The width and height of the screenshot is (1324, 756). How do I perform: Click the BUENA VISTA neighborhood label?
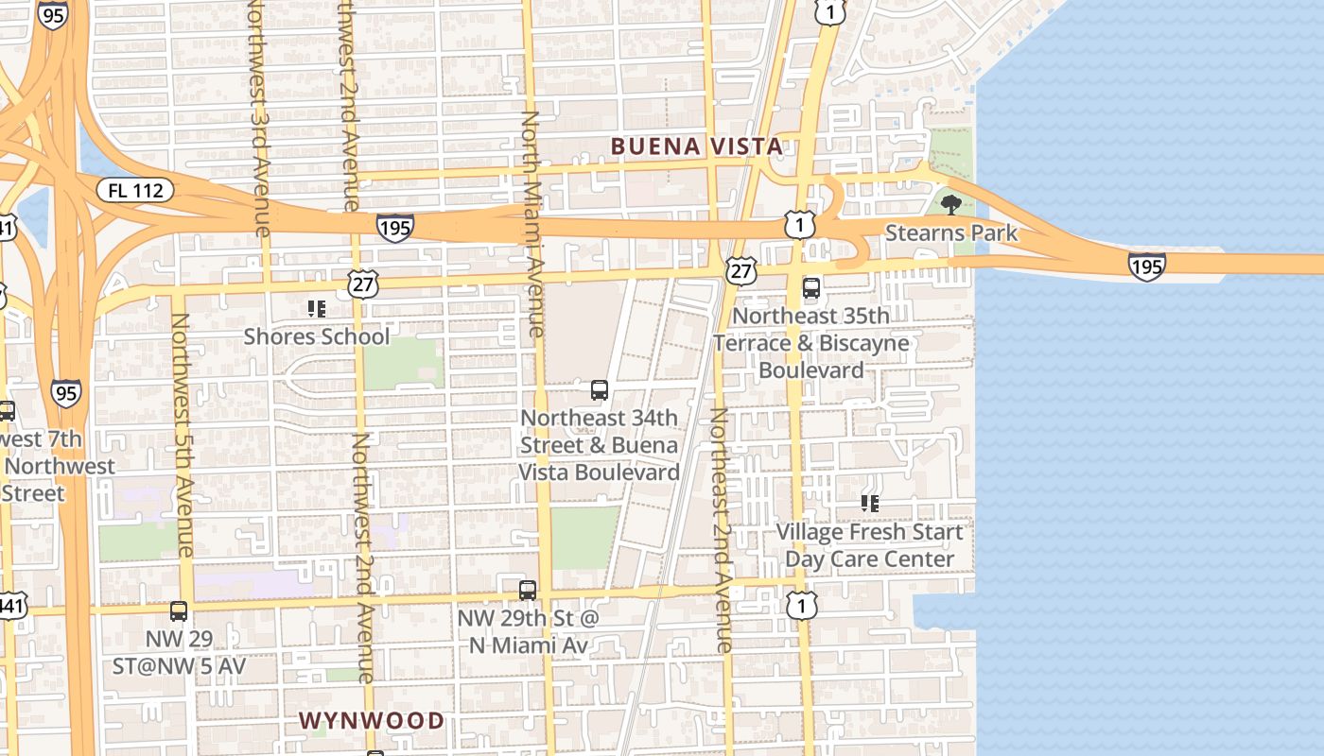(697, 146)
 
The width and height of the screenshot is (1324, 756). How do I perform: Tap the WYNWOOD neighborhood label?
(372, 720)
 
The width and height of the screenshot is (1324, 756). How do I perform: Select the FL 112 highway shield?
(135, 190)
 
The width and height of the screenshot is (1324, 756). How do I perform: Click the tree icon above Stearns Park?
(951, 204)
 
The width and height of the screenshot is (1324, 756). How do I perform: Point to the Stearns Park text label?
(951, 232)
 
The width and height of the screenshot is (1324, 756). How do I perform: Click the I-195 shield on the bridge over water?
(1146, 266)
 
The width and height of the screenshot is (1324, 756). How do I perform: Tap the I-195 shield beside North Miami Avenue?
(394, 227)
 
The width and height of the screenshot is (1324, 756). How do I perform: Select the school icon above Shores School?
(317, 308)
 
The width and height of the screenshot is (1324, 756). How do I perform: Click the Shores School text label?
(317, 336)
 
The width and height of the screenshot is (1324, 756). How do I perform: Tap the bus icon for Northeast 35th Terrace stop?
(811, 288)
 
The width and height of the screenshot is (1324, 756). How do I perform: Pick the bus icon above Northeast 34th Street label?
(599, 389)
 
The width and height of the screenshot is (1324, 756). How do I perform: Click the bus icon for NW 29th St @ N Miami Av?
(528, 590)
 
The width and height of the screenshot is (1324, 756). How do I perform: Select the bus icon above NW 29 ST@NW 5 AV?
(179, 611)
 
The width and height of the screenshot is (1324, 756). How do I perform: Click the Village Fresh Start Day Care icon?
(870, 504)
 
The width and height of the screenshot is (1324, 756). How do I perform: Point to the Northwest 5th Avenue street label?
(183, 435)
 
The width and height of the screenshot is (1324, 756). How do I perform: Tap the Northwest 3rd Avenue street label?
(260, 118)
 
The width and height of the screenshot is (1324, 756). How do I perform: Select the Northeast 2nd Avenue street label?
(722, 529)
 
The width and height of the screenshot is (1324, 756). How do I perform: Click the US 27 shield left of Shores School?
(362, 283)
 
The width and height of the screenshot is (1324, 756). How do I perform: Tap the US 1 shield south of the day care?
(801, 606)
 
